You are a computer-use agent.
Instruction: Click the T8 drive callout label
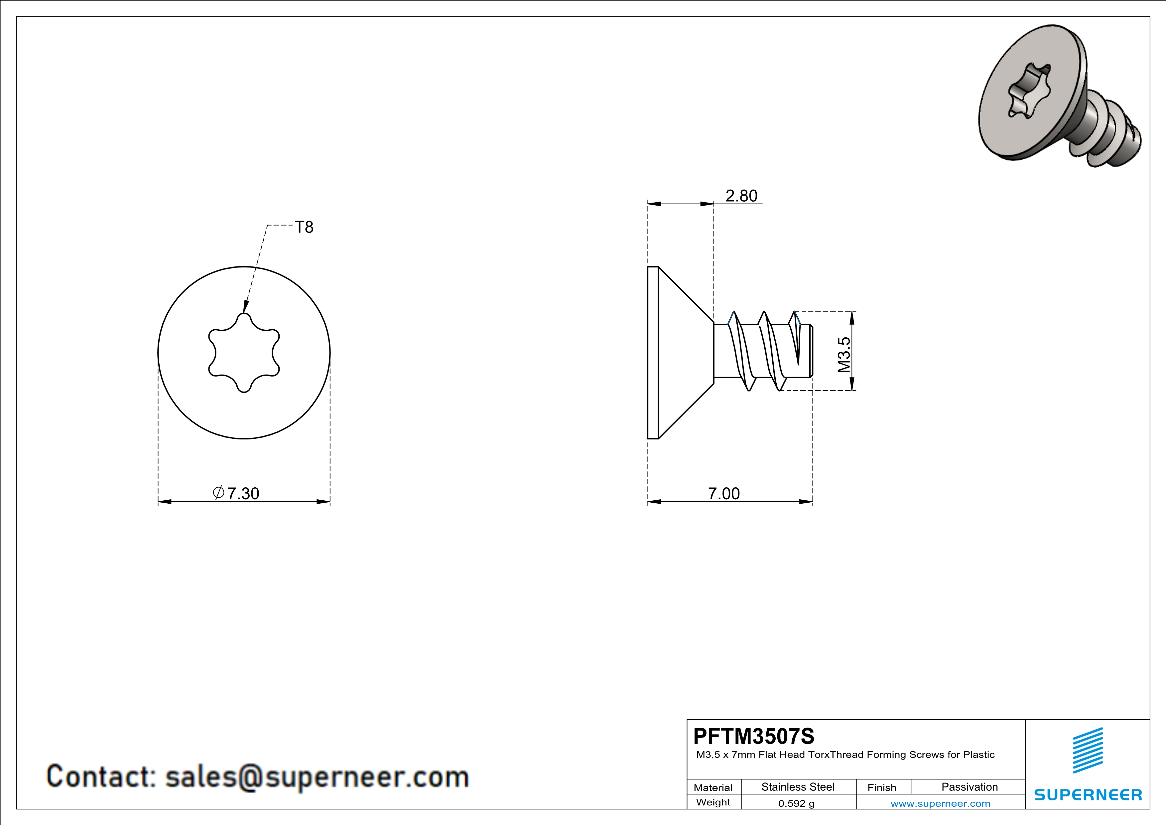304,227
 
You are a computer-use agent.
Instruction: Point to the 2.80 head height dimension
741,196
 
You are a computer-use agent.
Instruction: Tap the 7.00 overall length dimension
724,493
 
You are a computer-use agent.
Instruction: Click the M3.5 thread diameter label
843,355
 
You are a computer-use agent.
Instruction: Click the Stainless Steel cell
798,787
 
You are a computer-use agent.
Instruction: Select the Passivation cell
970,787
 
